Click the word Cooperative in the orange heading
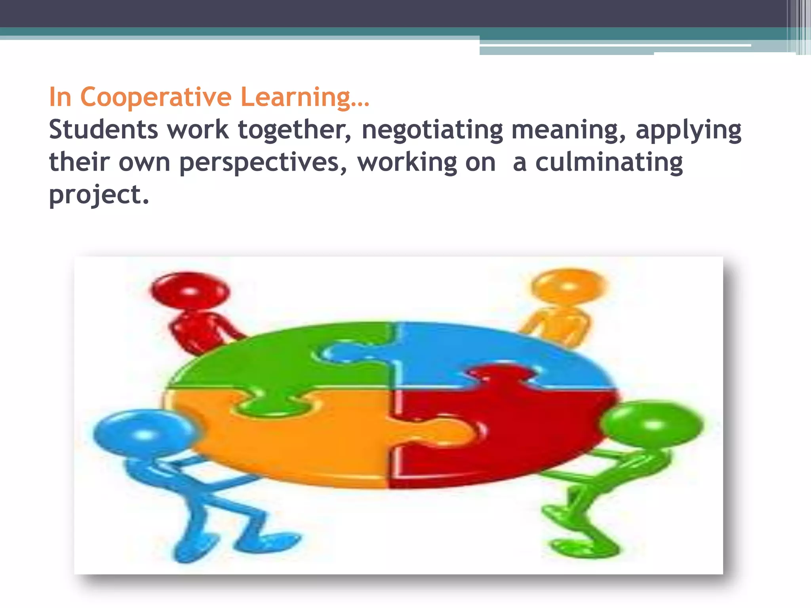point(156,97)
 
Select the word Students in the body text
point(103,130)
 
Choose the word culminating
point(609,162)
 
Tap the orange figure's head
point(569,286)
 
